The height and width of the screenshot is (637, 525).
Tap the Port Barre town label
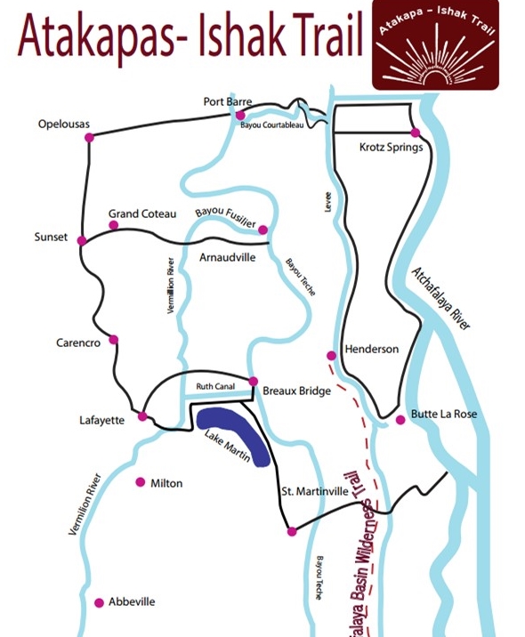228,102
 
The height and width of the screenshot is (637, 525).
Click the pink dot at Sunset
82,240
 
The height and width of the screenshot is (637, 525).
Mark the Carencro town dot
113,339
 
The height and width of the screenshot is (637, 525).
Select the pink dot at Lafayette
141,416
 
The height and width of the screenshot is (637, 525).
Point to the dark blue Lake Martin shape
237,434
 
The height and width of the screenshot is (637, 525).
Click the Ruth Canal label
215,387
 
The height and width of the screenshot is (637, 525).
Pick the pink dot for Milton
140,482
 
